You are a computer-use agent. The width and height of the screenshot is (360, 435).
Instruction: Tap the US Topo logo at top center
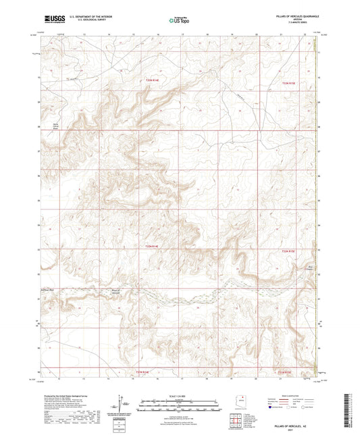tap(179, 21)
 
